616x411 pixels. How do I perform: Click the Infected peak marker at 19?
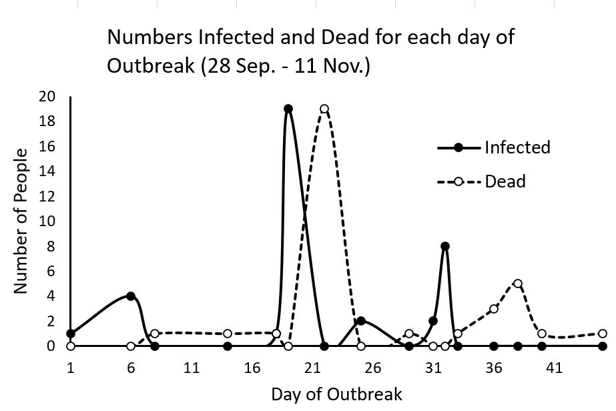point(288,109)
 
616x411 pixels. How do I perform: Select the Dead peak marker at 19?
point(324,109)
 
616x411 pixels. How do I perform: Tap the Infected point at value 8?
point(445,246)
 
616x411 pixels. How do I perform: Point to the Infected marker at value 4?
point(131,296)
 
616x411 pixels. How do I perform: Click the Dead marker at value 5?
point(518,284)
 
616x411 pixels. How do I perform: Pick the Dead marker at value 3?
point(494,308)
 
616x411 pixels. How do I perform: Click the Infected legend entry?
point(517,147)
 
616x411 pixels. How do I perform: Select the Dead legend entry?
point(505,181)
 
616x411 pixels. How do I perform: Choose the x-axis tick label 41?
point(555,368)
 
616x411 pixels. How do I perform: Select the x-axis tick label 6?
point(131,368)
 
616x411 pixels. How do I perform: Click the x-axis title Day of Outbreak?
point(336,394)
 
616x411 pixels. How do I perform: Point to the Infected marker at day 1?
point(71,334)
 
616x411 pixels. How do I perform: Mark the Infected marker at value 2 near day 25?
point(360,321)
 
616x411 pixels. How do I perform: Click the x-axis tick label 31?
point(434,368)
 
